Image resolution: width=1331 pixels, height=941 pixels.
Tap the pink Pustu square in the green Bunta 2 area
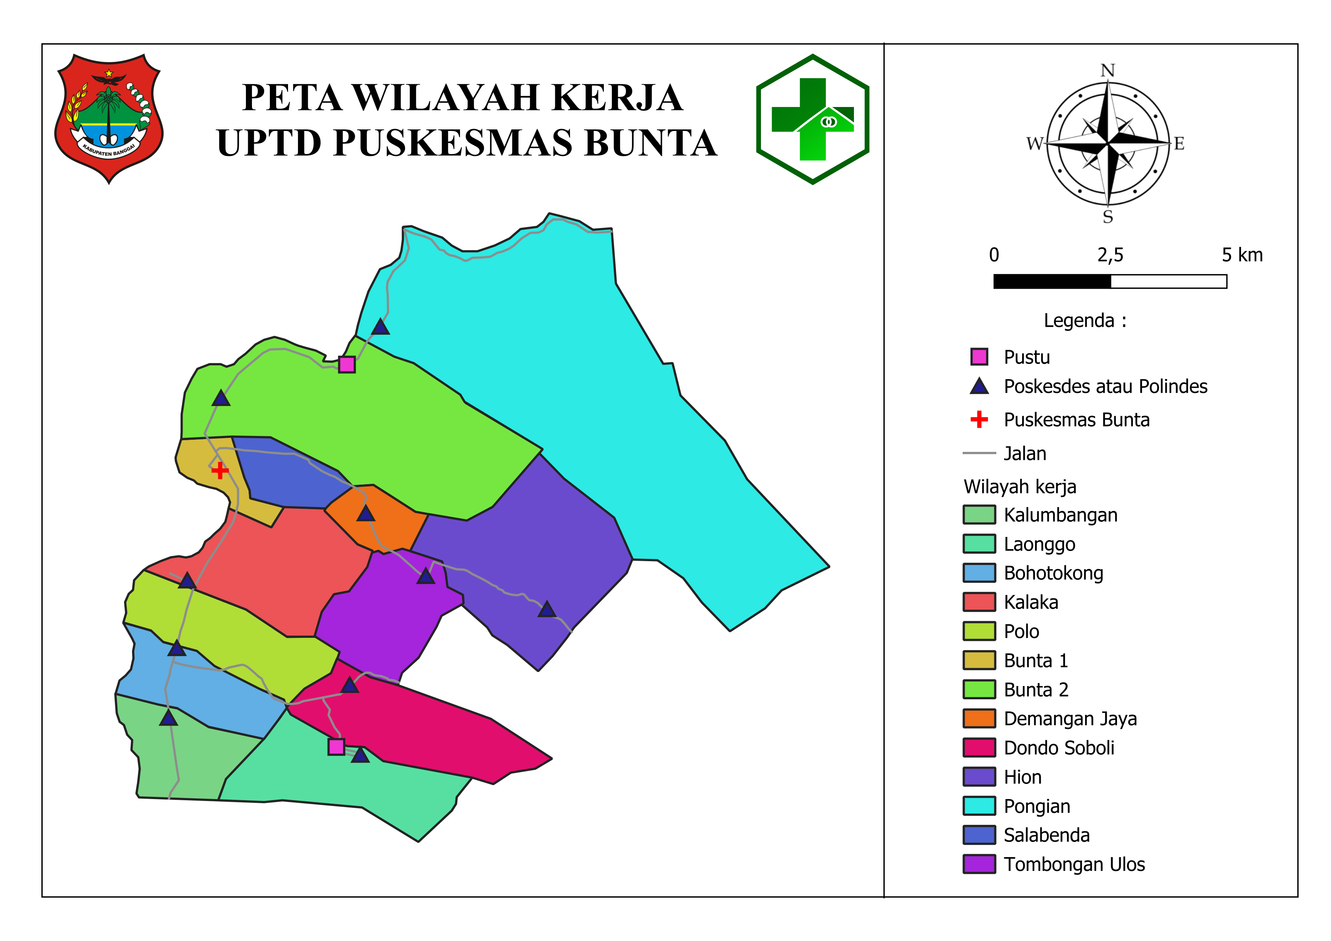click(x=347, y=365)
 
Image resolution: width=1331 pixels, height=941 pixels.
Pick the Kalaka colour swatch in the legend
click(x=979, y=602)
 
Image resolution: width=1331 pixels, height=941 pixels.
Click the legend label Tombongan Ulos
click(x=1074, y=864)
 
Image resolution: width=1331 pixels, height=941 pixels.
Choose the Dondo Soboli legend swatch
click(x=979, y=747)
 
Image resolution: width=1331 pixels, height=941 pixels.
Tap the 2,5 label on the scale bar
click(x=1110, y=255)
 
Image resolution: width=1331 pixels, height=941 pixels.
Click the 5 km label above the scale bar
click(x=1242, y=255)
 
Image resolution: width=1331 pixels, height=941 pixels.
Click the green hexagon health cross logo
click(x=813, y=120)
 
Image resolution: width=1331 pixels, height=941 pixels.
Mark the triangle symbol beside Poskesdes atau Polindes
click(x=979, y=387)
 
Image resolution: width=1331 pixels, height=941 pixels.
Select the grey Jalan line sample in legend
click(x=979, y=453)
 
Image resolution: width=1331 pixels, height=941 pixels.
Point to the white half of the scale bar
click(x=1168, y=282)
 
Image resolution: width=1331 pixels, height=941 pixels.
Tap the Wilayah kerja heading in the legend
click(x=1020, y=487)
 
